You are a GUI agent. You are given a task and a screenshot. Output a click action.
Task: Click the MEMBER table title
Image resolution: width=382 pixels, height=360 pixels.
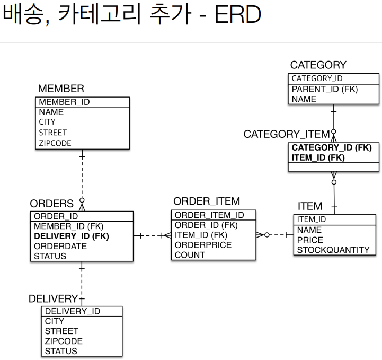coord(61,89)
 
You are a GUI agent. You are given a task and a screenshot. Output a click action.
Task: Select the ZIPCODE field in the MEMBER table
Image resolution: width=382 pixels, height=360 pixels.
coord(55,143)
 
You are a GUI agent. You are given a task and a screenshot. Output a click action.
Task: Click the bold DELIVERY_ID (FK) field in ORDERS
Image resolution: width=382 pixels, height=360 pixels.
coord(72,236)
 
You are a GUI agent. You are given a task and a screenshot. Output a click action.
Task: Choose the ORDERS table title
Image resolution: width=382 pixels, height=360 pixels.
coord(51,204)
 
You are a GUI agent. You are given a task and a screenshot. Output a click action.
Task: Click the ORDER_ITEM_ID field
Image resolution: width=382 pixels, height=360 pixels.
coord(209,215)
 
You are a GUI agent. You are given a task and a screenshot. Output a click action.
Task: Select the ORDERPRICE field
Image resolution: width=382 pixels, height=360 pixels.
coord(203,245)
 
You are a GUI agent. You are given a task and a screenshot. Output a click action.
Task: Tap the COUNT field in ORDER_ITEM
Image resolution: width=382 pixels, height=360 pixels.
coord(190,255)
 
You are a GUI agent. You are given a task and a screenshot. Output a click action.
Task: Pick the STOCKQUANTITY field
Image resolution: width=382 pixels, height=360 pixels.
coord(333,250)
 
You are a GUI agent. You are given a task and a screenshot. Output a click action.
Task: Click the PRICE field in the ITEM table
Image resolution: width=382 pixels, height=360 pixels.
coord(310,240)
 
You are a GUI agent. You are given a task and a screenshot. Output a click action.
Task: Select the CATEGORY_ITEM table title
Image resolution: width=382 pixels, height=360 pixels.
coord(286,135)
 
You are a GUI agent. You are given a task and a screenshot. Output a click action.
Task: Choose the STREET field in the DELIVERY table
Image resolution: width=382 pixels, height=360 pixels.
coord(61,331)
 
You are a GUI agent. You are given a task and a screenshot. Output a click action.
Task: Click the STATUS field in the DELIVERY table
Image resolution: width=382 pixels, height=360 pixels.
coord(61,351)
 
